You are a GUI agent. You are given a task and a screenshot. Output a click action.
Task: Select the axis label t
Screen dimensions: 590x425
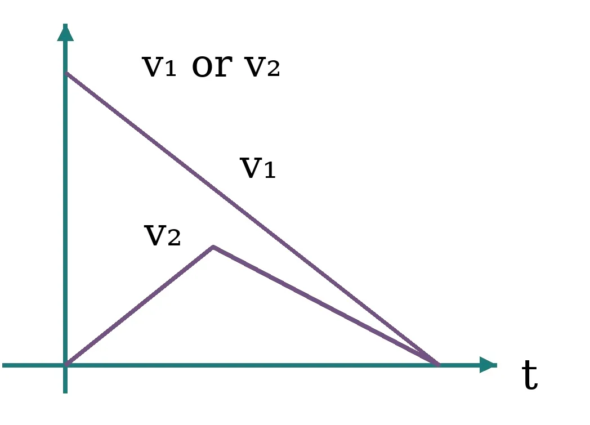point(530,374)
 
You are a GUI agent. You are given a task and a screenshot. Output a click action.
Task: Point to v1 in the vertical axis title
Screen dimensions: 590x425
point(159,66)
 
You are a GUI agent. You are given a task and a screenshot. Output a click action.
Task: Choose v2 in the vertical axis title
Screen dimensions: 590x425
point(262,66)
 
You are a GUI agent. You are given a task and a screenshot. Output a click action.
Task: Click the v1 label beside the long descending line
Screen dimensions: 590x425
point(258,168)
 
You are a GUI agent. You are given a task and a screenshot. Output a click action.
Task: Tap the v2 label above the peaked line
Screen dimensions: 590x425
point(162,235)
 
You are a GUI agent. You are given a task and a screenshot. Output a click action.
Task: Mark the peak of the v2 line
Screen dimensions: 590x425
point(213,247)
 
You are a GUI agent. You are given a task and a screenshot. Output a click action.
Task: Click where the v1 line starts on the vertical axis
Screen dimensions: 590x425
point(66,73)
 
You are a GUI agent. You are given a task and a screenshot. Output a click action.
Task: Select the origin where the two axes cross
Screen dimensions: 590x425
point(65,365)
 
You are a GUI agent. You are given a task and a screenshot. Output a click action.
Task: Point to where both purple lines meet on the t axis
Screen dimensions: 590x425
point(438,364)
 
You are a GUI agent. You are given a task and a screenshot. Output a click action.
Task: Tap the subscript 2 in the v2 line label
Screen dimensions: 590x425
point(174,238)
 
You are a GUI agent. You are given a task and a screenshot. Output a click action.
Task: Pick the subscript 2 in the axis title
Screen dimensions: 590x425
point(274,69)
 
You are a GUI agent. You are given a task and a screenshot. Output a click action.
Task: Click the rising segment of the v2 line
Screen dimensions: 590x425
point(140,306)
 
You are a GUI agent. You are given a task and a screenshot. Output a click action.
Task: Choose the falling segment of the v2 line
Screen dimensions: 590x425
point(326,306)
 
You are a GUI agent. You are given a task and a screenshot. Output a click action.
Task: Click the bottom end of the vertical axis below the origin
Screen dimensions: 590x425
point(65,393)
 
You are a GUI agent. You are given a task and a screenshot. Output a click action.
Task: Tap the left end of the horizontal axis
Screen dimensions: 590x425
point(3,365)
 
